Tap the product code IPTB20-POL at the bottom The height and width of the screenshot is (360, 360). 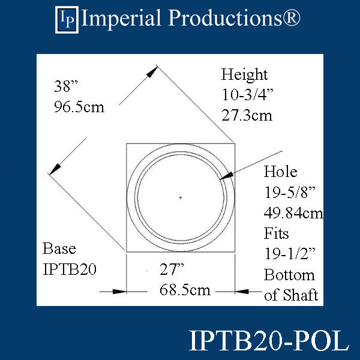pos(268,341)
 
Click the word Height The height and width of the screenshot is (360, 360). pos(244,75)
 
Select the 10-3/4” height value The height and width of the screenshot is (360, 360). pos(247,95)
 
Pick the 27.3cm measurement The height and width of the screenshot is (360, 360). pos(247,115)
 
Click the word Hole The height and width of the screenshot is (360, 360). pos(280,172)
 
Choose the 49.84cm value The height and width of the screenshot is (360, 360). pos(293,212)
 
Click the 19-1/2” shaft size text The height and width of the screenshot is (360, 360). pos(290,254)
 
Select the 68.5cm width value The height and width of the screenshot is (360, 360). pos(185,290)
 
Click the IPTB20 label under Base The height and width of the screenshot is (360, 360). pos(69,269)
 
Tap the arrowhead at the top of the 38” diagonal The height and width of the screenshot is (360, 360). pos(154,71)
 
